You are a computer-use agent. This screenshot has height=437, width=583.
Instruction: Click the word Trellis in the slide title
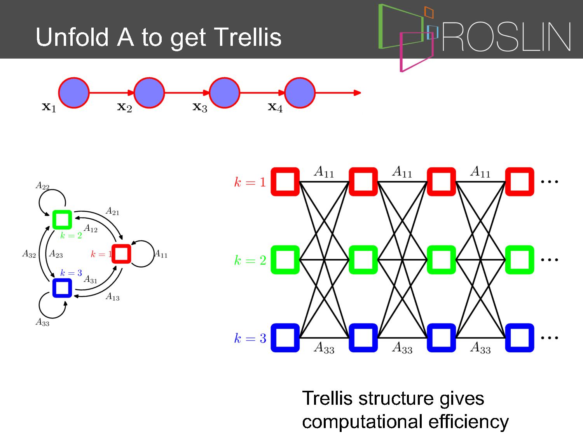tap(248, 37)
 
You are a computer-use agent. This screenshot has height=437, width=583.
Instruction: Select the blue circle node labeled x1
tap(74, 93)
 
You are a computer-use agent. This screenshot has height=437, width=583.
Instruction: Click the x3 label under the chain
tap(200, 107)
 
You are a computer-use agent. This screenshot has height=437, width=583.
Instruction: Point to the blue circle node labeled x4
tap(300, 93)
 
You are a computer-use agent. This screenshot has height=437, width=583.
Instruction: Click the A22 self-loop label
tap(42, 185)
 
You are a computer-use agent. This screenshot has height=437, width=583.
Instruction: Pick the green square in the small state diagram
tap(62, 220)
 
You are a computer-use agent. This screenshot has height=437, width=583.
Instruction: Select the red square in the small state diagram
tap(121, 254)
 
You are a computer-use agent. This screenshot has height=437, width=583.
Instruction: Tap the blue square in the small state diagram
tap(62, 288)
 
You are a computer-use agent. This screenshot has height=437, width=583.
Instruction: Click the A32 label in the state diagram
tap(29, 254)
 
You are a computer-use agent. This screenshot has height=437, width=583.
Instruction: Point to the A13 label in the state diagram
tap(113, 296)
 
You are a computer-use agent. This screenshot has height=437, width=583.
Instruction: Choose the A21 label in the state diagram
tap(113, 211)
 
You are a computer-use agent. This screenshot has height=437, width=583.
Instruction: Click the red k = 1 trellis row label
tap(250, 182)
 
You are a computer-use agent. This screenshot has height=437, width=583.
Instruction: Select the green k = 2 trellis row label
tap(250, 260)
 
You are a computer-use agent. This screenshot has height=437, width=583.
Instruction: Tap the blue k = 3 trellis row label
tap(250, 338)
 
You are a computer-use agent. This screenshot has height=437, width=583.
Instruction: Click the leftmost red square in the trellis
tap(285, 182)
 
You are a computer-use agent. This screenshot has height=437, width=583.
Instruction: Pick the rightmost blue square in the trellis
tap(520, 338)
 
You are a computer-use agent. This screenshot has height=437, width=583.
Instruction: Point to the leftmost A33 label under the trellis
tap(324, 348)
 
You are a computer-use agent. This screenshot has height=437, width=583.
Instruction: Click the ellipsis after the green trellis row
tap(550, 260)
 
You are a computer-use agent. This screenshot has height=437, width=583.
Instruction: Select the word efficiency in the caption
tap(468, 422)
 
